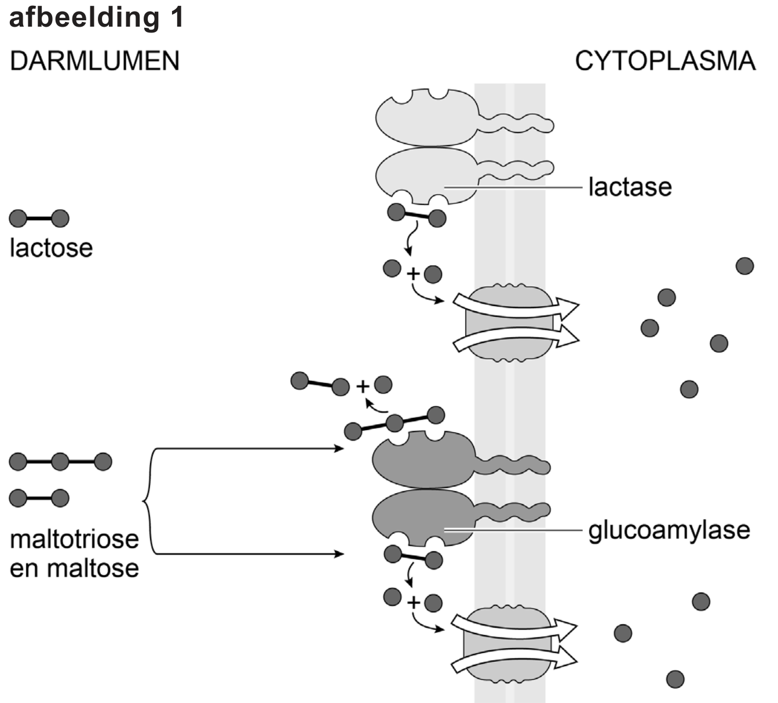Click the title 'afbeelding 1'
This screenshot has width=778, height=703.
coord(96,17)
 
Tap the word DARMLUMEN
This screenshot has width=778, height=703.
coord(94,61)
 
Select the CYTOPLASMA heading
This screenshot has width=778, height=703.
coord(665,61)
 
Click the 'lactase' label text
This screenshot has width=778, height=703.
coord(630,187)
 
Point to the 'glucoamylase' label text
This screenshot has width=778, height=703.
coord(669,530)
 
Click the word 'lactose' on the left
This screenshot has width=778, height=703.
coord(51,248)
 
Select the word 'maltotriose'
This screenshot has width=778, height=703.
coord(74,540)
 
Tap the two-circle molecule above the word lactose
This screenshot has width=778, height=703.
coord(39,218)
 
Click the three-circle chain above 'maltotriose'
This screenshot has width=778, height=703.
coord(60,462)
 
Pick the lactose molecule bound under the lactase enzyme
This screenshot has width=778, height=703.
coord(417,216)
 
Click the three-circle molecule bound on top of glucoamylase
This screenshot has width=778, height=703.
coord(395,423)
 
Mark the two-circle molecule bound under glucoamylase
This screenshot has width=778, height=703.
coord(414,558)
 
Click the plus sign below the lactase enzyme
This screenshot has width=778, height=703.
coord(413,274)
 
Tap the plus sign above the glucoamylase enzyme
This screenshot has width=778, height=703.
coord(363,387)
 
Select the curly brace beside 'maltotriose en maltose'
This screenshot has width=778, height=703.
coord(148,501)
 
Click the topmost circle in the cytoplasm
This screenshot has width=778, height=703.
coord(744,266)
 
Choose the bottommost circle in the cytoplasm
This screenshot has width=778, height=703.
coord(675,679)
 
